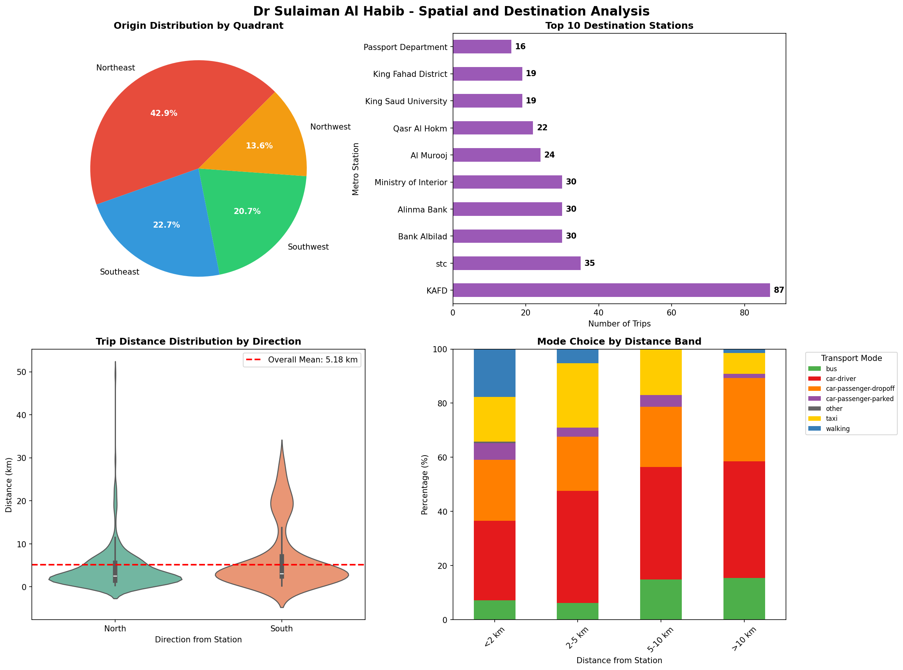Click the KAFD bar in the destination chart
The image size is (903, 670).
611,290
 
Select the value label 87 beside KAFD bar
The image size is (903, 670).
778,290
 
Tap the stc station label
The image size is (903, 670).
441,264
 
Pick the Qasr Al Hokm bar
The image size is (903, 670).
492,128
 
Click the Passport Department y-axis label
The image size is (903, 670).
405,47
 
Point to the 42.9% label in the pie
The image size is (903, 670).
164,113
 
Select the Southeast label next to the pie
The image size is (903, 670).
119,272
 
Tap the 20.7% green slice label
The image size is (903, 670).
247,211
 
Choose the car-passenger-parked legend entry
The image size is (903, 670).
859,399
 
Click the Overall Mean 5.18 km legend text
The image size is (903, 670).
312,360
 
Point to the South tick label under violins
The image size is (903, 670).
281,629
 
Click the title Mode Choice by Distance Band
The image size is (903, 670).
619,342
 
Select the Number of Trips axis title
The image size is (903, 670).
619,324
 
